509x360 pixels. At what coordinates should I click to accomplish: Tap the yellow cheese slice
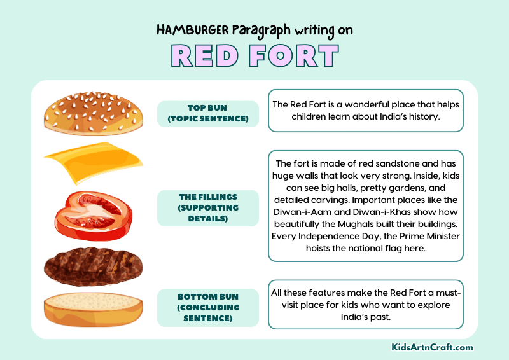click(93, 163)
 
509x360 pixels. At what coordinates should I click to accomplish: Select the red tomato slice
click(92, 212)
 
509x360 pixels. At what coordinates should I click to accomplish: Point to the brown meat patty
click(92, 265)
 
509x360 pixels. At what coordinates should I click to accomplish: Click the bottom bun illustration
click(92, 310)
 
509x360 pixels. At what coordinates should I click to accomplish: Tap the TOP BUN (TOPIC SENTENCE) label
click(207, 114)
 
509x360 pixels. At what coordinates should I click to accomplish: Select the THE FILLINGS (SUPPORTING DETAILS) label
click(207, 208)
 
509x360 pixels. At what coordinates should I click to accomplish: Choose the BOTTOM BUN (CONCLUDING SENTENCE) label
click(207, 307)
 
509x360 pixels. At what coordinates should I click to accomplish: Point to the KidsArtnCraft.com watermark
click(433, 347)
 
